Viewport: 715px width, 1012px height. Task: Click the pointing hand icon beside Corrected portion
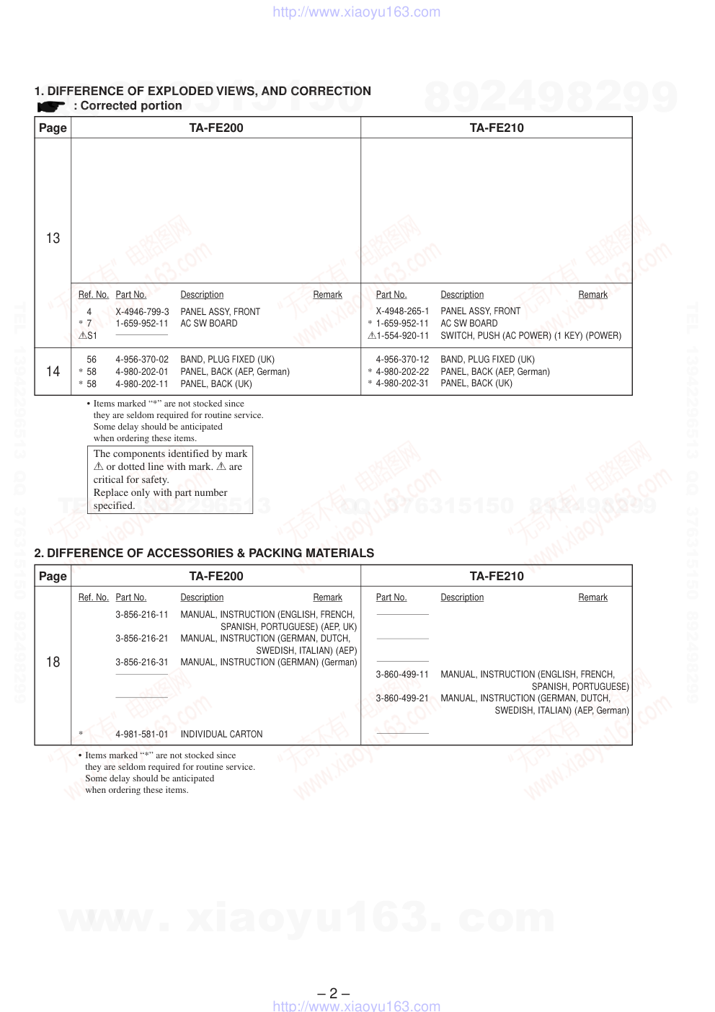pos(51,107)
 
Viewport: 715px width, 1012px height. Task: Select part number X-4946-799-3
pos(142,311)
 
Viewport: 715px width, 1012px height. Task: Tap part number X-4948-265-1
pos(402,311)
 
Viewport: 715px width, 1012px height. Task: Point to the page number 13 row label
pos(53,238)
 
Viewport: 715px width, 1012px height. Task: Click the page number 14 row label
pos(53,371)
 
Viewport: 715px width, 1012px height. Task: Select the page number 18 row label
pos(53,662)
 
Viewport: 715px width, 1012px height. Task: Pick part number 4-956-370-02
pos(142,359)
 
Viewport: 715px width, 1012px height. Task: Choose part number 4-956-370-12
pos(402,359)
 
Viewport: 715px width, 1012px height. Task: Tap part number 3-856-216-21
pos(142,638)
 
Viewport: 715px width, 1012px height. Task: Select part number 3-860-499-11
pos(402,674)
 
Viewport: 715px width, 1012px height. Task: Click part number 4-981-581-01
pos(142,734)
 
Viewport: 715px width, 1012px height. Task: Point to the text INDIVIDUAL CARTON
pos(221,734)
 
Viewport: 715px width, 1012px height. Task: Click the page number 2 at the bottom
pos(333,993)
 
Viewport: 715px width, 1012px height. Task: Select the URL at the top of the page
pos(356,12)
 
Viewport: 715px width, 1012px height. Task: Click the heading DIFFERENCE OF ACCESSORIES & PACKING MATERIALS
pos(204,553)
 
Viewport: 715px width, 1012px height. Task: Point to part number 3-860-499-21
pos(402,698)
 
